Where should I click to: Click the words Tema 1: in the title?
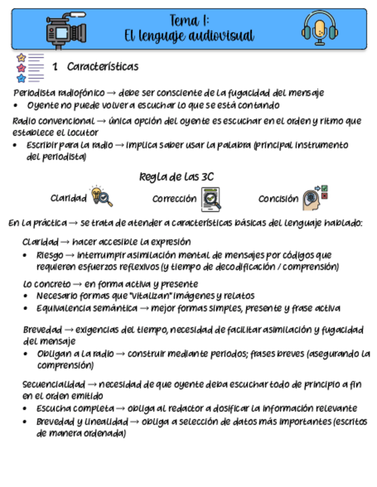(189, 21)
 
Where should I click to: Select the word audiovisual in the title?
(221, 36)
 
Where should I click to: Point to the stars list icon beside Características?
(29, 67)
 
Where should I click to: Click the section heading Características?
(102, 67)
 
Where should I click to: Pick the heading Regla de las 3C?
(176, 177)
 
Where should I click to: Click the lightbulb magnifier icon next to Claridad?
(101, 196)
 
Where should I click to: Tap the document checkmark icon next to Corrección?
(211, 199)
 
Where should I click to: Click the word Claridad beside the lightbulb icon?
(68, 199)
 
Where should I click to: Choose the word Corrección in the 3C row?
(174, 199)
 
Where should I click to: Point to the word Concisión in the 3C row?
(278, 199)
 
